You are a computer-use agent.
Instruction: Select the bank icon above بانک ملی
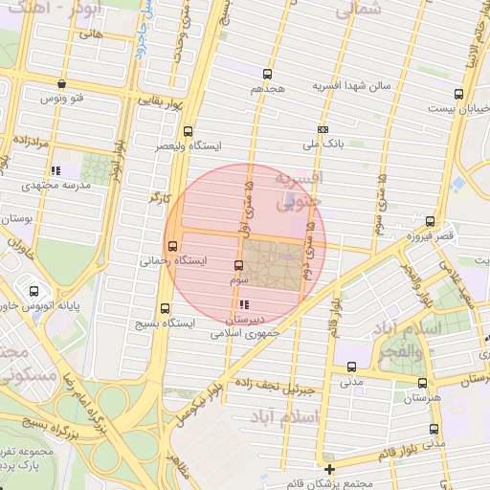(x=323, y=129)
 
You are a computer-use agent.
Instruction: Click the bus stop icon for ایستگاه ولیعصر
(x=188, y=132)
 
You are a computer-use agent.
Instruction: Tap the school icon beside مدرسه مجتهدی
(x=55, y=170)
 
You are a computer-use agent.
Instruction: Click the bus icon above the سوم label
(x=239, y=265)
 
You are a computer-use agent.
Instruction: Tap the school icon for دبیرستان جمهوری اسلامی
(x=242, y=305)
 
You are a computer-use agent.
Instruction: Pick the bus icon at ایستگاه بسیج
(x=167, y=308)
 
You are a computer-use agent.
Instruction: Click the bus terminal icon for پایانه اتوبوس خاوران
(x=34, y=290)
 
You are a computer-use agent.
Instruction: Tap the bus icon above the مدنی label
(x=352, y=367)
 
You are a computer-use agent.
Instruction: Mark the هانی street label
(x=92, y=33)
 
